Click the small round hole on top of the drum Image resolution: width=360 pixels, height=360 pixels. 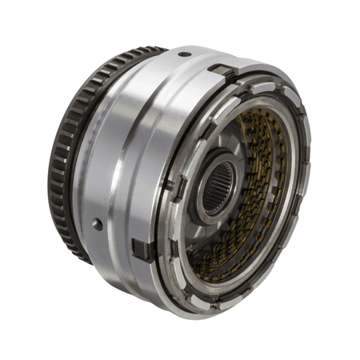click(185, 54)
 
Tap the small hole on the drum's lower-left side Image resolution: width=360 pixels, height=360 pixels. click(98, 225)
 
